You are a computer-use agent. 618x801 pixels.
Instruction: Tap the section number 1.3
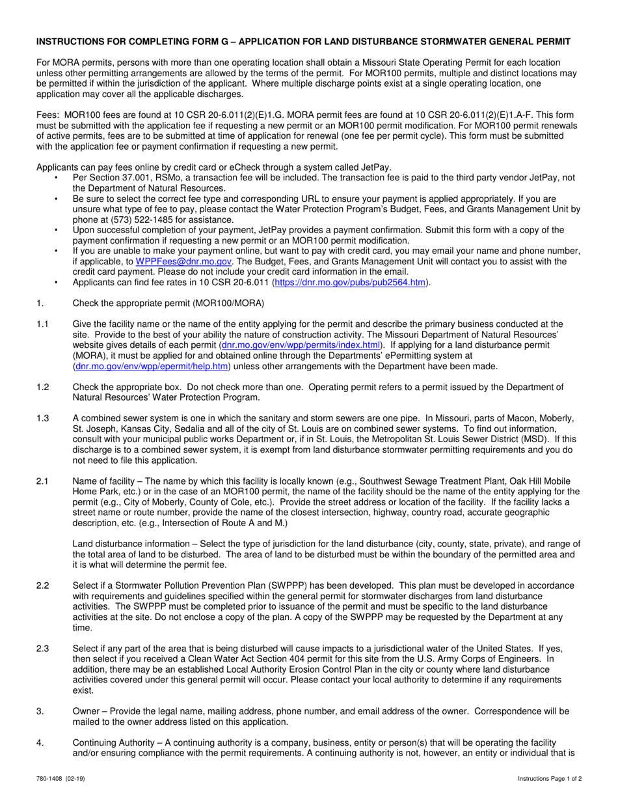point(43,417)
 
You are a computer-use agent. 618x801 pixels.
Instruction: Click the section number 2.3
point(43,649)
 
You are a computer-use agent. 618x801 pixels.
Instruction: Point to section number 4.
point(40,743)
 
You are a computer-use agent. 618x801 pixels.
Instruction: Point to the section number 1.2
point(43,387)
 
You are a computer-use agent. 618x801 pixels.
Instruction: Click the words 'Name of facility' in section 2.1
point(103,481)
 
